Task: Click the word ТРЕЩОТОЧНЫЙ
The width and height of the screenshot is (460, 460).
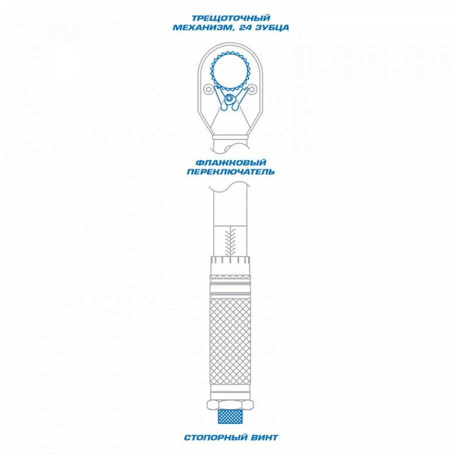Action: (230, 18)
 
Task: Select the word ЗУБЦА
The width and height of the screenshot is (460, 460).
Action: (272, 28)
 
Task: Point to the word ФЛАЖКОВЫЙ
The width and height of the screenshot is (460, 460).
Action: (230, 162)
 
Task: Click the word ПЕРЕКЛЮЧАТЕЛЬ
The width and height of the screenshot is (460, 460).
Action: (230, 171)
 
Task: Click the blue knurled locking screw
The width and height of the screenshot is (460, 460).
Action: (230, 416)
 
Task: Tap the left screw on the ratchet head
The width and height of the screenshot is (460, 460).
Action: (208, 89)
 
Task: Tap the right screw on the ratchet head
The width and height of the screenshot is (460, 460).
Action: (252, 89)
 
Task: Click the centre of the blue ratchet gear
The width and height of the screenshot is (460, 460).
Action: (230, 71)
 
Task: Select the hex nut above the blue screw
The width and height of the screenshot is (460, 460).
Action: (230, 405)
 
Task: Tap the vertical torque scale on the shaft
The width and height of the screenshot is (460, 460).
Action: (230, 242)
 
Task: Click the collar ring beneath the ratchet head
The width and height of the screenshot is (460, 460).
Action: (230, 137)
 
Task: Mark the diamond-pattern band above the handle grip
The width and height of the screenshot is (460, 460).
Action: (230, 277)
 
